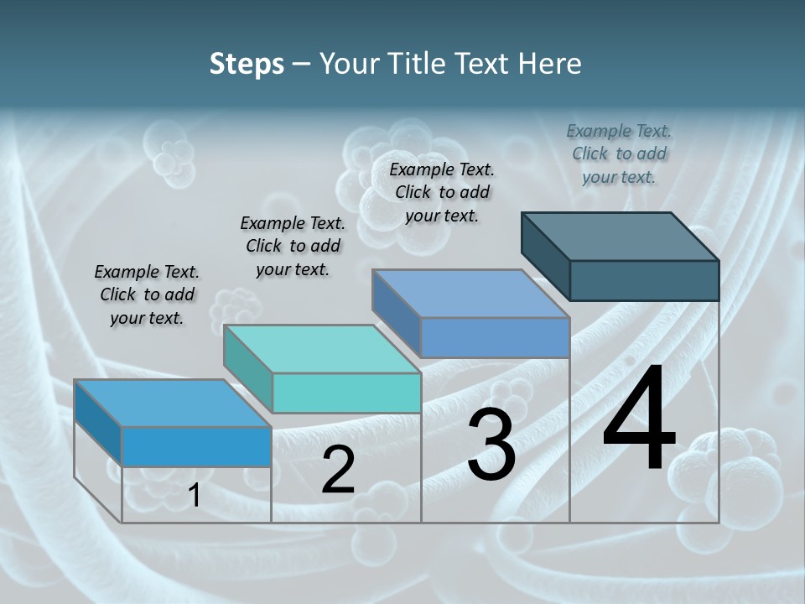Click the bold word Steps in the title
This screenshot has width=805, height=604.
click(247, 64)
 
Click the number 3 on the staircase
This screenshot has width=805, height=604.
click(491, 445)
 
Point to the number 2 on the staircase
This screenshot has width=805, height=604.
click(338, 470)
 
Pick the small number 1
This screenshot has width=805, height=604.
click(194, 496)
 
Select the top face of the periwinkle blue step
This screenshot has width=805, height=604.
click(471, 294)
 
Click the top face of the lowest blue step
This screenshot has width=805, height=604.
click(173, 404)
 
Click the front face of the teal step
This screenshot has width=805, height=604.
click(347, 393)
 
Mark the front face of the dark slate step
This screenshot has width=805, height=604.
click(644, 280)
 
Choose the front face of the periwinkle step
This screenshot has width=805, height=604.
click(495, 337)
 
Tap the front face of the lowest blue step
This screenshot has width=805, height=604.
click(196, 446)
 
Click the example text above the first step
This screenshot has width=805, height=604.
click(147, 294)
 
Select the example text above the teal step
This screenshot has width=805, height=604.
click(293, 246)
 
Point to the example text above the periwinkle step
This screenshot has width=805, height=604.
click(442, 192)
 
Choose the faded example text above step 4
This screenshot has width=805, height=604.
click(619, 154)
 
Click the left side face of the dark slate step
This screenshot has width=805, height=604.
click(545, 255)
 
